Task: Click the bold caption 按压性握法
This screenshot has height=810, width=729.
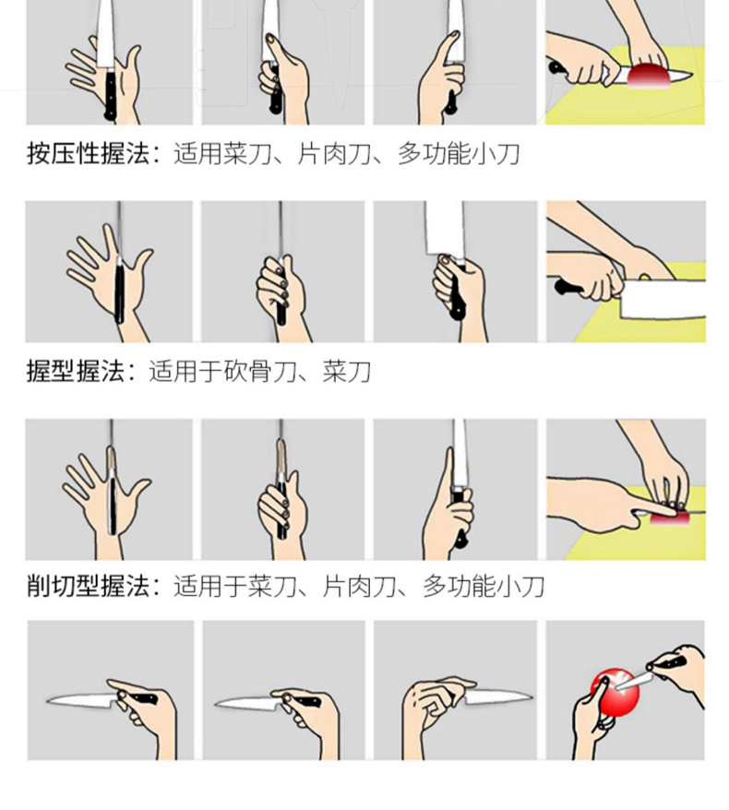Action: pos(88,154)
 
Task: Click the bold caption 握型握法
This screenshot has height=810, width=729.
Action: pos(76,371)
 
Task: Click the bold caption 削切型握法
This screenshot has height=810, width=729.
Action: pos(88,587)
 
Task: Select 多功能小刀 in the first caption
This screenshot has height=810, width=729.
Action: pos(458,154)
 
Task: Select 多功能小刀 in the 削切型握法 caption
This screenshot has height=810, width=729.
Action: pos(483,587)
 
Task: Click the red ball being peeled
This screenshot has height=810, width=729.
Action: pos(615,693)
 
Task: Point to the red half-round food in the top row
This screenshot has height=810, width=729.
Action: pos(649,75)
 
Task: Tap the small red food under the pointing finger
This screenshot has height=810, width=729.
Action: pos(668,517)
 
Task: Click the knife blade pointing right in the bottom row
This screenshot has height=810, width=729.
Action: pos(497,697)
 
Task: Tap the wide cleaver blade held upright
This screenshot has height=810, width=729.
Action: pos(445,228)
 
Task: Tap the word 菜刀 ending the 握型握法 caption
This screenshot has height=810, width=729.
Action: pos(347,371)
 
